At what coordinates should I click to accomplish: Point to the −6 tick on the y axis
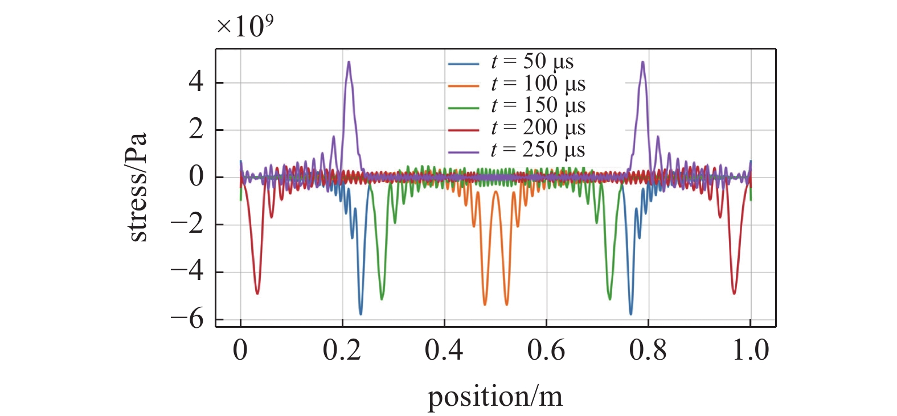point(187,319)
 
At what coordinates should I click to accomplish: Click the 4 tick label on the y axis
point(196,83)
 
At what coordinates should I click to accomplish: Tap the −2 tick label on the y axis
point(187,225)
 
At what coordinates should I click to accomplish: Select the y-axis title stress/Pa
point(137,187)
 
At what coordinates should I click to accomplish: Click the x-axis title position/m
point(495,397)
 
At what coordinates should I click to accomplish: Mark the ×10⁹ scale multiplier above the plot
point(245,26)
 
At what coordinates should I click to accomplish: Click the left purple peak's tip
point(349,62)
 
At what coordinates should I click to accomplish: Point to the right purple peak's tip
point(643,62)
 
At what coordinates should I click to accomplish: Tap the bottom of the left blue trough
point(361,314)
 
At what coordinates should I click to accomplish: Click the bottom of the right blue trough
point(630,314)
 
